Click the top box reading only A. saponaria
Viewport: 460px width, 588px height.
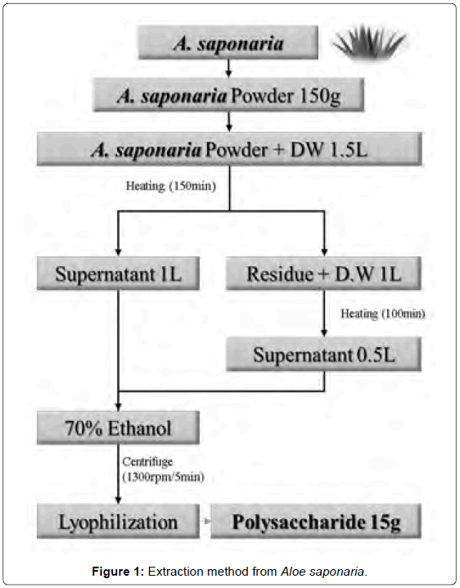[x=228, y=43]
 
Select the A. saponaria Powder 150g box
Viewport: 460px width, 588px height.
[x=228, y=95]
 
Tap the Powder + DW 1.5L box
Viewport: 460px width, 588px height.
[x=229, y=149]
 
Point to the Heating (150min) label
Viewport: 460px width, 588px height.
[x=171, y=186]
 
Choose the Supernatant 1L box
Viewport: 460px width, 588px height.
[x=118, y=274]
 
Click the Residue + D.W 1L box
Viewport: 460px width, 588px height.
[x=323, y=274]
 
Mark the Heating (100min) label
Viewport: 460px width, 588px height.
[x=383, y=314]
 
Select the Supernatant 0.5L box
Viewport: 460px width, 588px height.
[x=323, y=355]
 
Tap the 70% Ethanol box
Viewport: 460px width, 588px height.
[x=118, y=427]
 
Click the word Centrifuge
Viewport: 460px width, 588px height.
[x=147, y=462]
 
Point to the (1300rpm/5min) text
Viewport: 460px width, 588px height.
[x=164, y=477]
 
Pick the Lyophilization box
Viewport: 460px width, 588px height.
[x=118, y=521]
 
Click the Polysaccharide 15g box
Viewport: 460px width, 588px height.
[x=316, y=521]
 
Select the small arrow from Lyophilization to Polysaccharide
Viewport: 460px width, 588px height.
[x=205, y=521]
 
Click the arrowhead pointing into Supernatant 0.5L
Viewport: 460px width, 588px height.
[x=324, y=333]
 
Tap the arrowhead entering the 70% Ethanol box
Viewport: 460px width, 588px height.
[x=119, y=407]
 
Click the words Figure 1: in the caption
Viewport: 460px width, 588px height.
[x=118, y=572]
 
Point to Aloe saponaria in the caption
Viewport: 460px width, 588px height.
[x=323, y=572]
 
